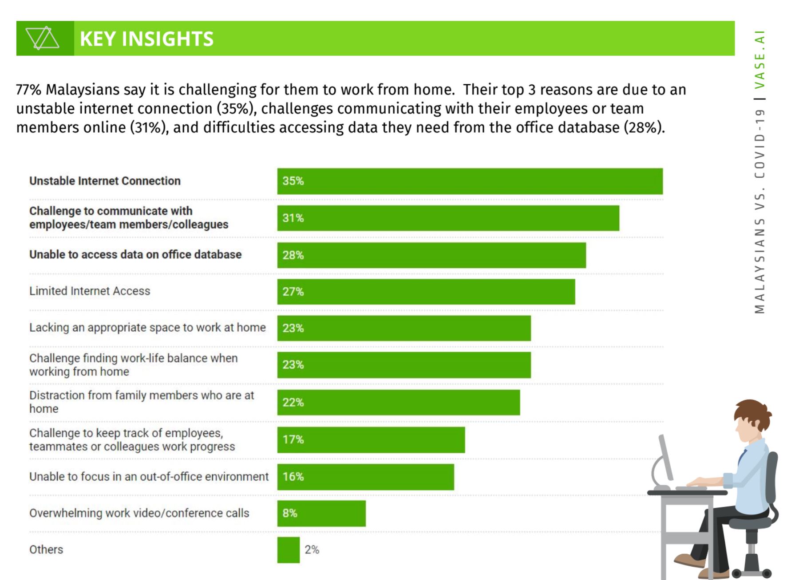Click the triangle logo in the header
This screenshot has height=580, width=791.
pyautogui.click(x=42, y=38)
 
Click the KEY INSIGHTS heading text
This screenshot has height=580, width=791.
pyautogui.click(x=146, y=39)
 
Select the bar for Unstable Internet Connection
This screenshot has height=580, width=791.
pyautogui.click(x=470, y=181)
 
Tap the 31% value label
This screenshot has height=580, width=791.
pyautogui.click(x=293, y=218)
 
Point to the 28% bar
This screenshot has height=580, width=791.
pyautogui.click(x=431, y=255)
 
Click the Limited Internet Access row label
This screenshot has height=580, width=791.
pyautogui.click(x=90, y=291)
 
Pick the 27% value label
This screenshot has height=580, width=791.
pyautogui.click(x=293, y=292)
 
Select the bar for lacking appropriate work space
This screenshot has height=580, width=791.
pyautogui.click(x=404, y=328)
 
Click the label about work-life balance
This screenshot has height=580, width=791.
pyautogui.click(x=133, y=364)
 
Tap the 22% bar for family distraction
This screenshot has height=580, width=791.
pyautogui.click(x=399, y=402)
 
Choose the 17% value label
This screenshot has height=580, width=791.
pyautogui.click(x=293, y=439)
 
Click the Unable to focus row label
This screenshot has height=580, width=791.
pyautogui.click(x=149, y=477)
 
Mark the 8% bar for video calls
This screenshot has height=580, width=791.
pyautogui.click(x=321, y=513)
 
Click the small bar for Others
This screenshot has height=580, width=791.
pyautogui.click(x=289, y=550)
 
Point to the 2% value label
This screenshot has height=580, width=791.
pyautogui.click(x=312, y=550)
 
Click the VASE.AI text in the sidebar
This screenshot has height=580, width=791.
pyautogui.click(x=760, y=60)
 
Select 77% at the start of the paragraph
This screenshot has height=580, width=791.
pyautogui.click(x=28, y=90)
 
